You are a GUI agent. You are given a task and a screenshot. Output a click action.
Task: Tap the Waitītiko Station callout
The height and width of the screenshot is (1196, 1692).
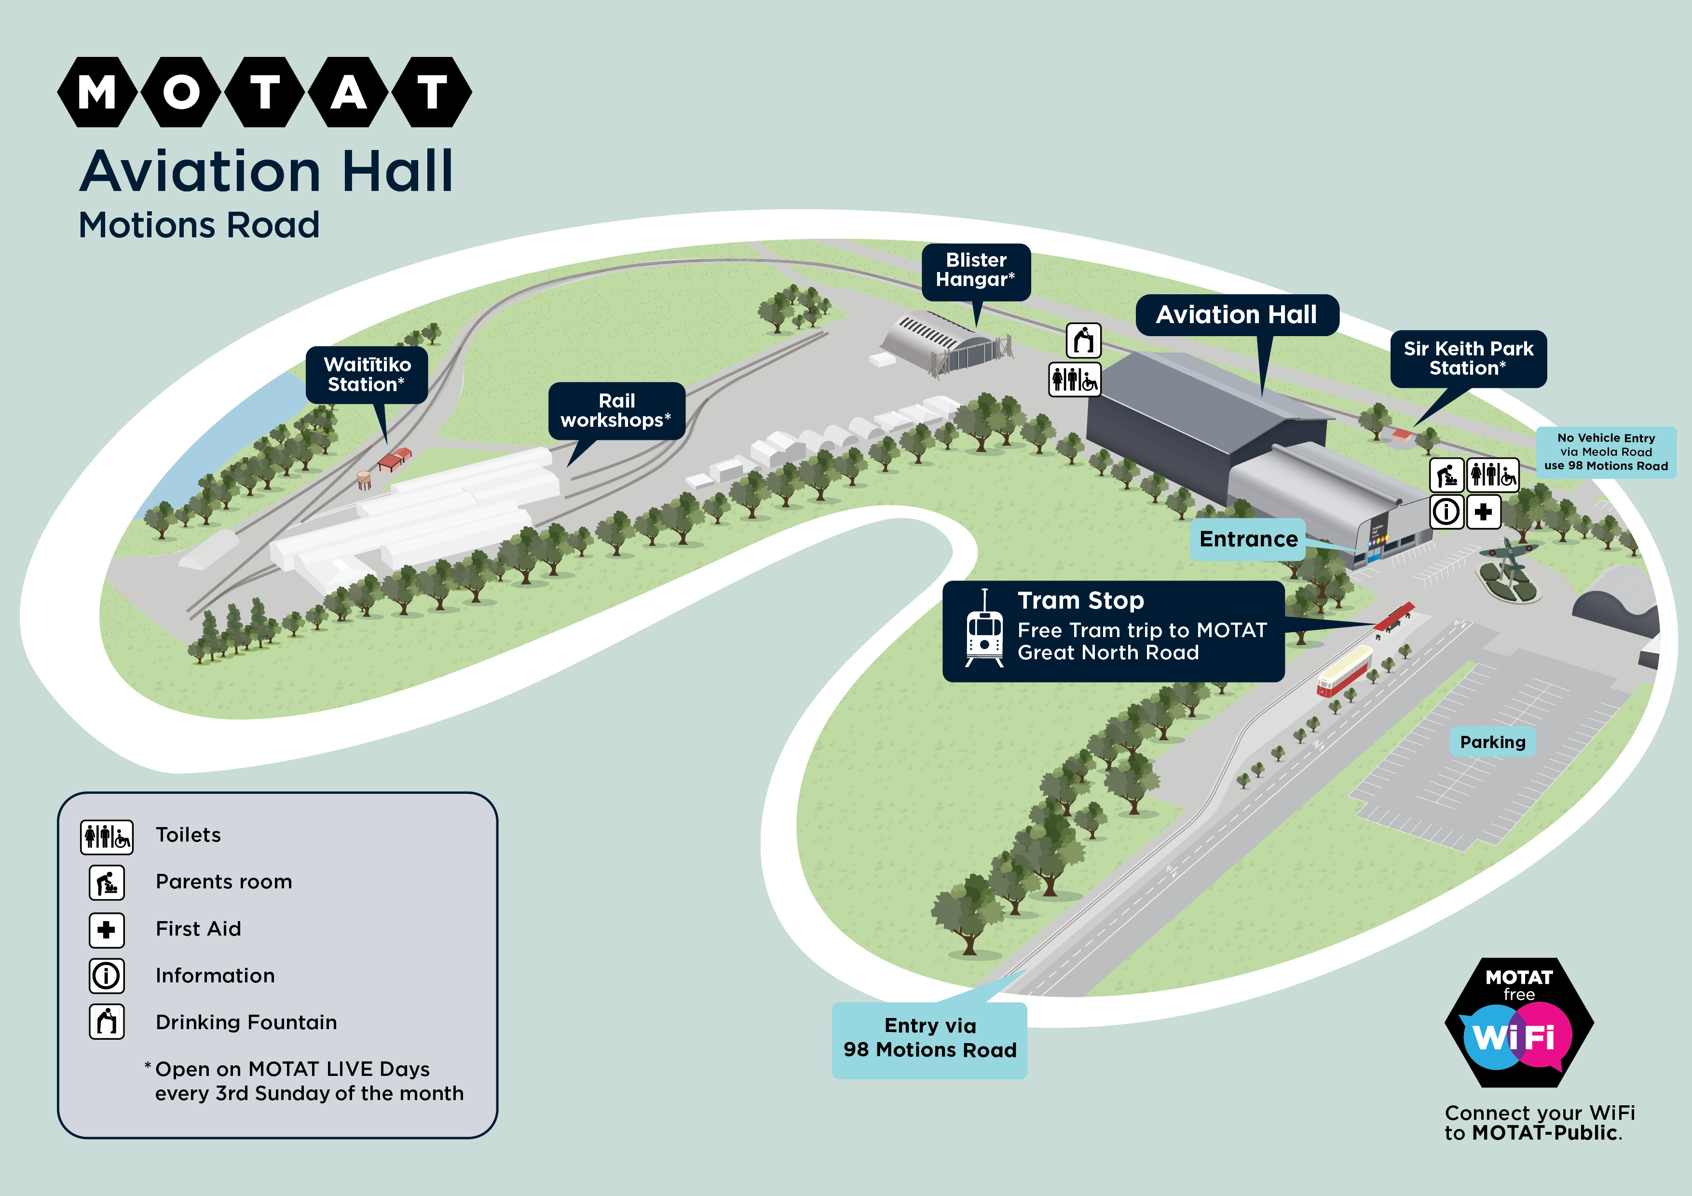point(367,374)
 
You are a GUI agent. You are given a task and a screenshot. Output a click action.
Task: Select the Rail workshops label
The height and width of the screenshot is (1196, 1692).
point(616,410)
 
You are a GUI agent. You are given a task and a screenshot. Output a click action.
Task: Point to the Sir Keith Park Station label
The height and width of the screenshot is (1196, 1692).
point(1468,358)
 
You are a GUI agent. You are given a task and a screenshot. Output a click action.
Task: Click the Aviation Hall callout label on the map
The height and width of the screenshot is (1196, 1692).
point(1237,314)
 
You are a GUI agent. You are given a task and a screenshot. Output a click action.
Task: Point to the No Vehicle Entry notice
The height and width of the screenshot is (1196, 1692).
point(1606,452)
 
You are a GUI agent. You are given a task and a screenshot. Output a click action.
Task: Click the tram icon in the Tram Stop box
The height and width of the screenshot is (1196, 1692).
point(984,630)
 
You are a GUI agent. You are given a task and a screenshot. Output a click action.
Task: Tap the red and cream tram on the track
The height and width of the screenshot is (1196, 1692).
point(1344,671)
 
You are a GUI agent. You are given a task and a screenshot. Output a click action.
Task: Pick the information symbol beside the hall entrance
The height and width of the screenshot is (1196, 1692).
point(1446,511)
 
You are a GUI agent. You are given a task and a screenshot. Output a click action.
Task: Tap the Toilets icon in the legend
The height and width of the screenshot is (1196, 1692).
point(107,836)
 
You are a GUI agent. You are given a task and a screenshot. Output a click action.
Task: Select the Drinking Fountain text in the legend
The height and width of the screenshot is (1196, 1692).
point(246,1022)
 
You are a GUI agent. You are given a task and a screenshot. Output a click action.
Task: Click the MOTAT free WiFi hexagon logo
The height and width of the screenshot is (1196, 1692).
point(1519,1023)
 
